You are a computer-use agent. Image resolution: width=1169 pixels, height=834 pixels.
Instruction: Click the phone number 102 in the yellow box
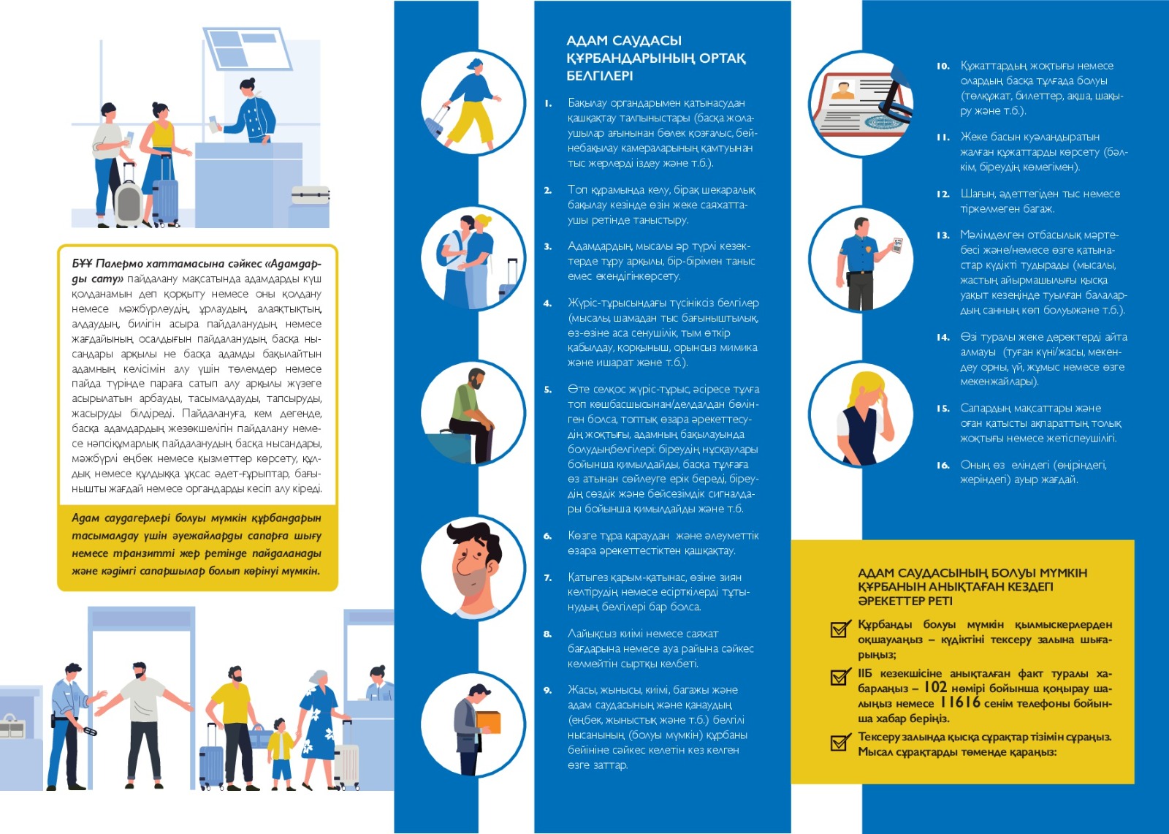pos(935,687)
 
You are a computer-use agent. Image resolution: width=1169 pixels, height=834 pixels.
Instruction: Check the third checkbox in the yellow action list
pos(839,743)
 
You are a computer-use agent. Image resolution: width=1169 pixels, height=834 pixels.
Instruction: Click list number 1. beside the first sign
pos(548,104)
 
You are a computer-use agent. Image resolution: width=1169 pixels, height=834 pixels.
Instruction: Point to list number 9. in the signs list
pos(547,690)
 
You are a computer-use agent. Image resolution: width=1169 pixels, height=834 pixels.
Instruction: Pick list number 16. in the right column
pos(943,466)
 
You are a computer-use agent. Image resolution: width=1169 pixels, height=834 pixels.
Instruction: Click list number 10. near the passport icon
pos(943,67)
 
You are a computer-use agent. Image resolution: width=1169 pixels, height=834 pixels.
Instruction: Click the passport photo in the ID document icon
pos(845,91)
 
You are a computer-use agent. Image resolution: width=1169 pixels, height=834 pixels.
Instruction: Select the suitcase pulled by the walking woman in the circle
pos(436,121)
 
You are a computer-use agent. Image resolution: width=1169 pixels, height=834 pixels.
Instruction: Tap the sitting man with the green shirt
pos(473,413)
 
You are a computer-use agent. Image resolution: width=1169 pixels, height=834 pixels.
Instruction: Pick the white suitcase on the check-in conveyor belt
pos(311,194)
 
